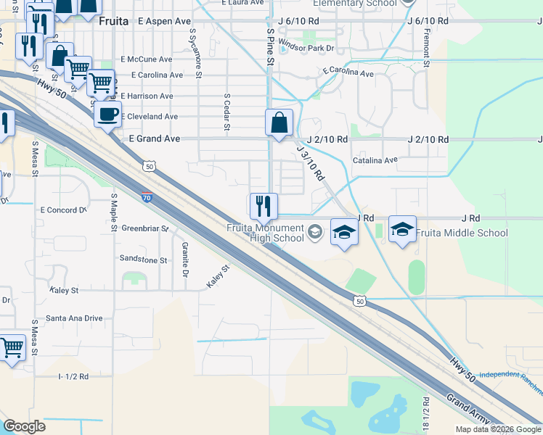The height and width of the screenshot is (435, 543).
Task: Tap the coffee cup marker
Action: click(108, 114)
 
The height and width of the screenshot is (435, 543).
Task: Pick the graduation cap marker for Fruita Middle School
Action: click(402, 230)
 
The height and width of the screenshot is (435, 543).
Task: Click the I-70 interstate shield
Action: click(147, 196)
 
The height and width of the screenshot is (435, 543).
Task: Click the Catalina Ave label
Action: click(375, 160)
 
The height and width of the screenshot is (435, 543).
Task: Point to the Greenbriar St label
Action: click(145, 228)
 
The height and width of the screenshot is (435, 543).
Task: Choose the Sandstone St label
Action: click(144, 259)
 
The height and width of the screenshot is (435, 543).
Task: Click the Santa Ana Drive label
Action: click(74, 318)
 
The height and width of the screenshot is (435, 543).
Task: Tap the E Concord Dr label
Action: click(63, 210)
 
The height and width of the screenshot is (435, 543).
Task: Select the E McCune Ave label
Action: click(147, 59)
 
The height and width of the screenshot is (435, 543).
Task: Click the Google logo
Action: click(25, 426)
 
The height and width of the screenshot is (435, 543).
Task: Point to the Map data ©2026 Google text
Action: click(498, 429)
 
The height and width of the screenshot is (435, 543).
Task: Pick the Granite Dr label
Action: click(184, 260)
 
